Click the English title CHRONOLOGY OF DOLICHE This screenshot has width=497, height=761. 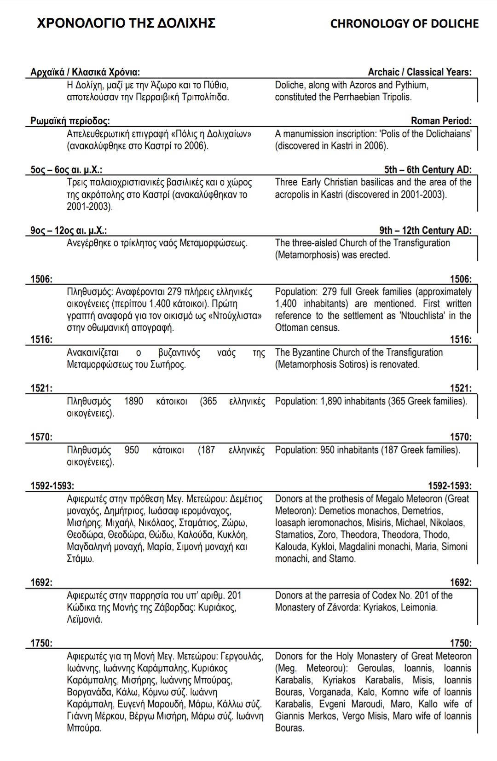coord(404,23)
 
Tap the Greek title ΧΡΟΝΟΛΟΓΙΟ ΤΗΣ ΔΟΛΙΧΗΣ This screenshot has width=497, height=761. coord(126,23)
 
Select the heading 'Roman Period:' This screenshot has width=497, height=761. coord(441,121)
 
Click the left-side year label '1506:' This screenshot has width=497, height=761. coord(41,279)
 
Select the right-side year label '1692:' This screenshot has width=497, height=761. coord(460,582)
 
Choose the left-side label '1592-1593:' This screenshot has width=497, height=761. coord(52,485)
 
